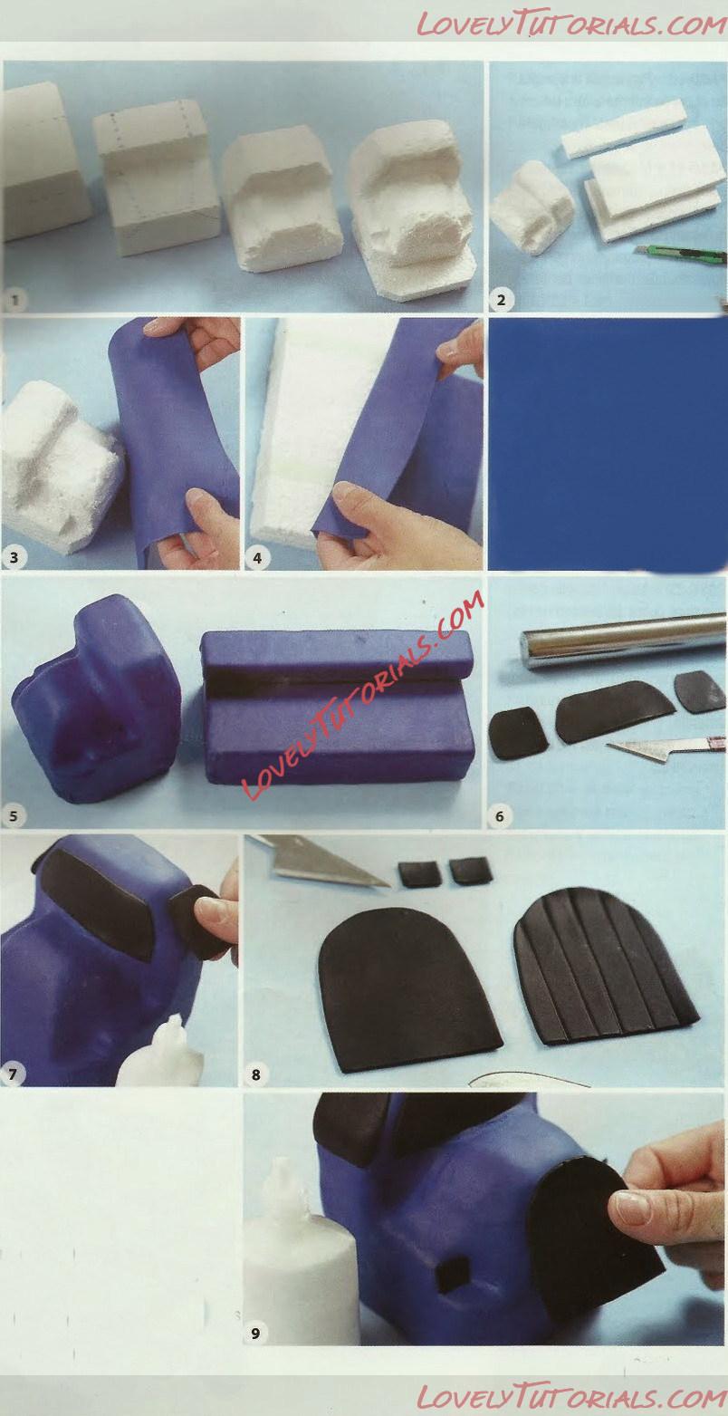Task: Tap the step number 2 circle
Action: click(x=501, y=299)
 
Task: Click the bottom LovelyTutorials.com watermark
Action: click(x=571, y=1393)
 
